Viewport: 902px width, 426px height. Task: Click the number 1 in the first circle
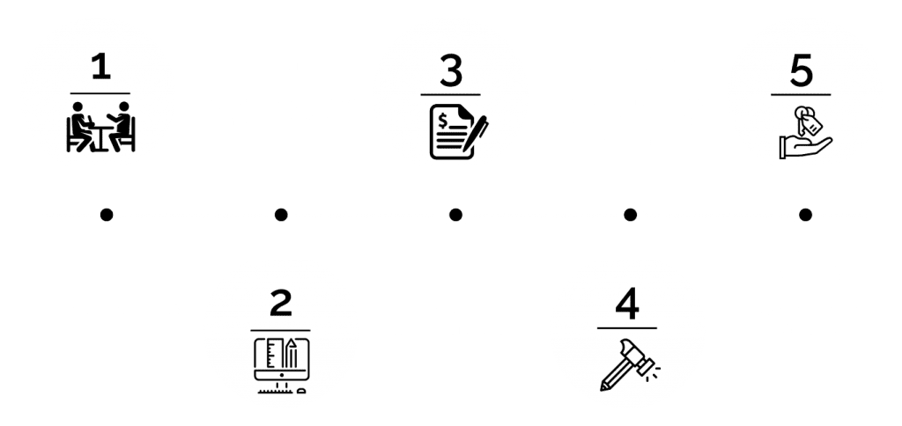(100, 68)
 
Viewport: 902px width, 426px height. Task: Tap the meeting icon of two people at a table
(100, 128)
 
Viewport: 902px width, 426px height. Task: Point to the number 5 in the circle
(801, 71)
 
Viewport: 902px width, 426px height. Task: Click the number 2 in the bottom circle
(280, 302)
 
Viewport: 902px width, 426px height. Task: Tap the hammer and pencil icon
(626, 363)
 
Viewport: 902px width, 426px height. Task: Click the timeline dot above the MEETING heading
(106, 214)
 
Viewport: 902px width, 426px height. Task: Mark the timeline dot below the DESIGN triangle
(280, 214)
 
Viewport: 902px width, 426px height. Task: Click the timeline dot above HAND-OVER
(802, 214)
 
